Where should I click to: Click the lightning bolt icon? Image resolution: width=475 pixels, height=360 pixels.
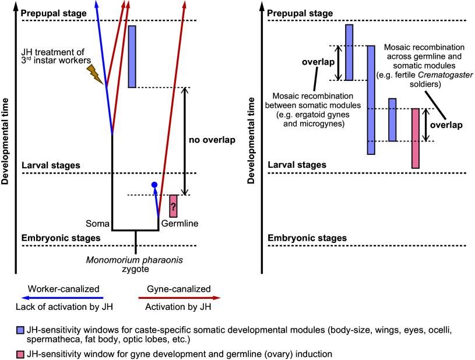click(94, 74)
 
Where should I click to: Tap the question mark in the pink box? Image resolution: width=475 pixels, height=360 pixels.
click(173, 206)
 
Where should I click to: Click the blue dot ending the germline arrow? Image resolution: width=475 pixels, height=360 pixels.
click(154, 185)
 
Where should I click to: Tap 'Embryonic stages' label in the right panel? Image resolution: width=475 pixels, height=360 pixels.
click(307, 238)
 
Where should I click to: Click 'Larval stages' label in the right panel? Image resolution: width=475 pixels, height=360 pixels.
click(297, 165)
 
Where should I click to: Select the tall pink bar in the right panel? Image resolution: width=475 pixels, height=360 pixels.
click(415, 138)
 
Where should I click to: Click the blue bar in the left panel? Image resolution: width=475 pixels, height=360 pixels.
click(132, 56)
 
